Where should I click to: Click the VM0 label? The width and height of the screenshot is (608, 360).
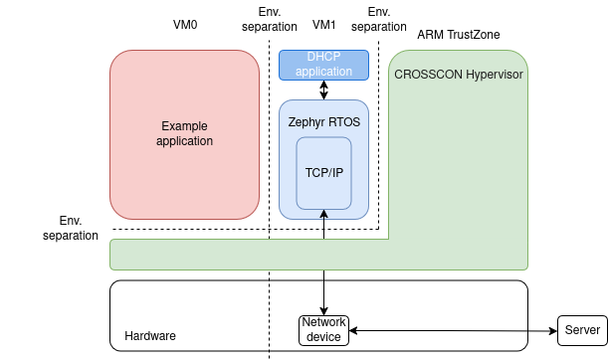(185, 24)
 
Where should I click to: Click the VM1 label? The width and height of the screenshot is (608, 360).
(324, 24)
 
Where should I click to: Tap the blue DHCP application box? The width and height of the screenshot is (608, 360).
(323, 65)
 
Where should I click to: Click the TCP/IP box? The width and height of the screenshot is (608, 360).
(323, 173)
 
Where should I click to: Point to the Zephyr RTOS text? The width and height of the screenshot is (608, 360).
(323, 121)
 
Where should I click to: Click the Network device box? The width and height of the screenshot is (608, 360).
(323, 330)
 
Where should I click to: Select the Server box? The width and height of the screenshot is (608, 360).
(582, 330)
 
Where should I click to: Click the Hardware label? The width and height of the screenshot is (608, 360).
(150, 336)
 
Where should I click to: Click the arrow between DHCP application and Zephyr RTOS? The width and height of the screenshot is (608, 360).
(324, 90)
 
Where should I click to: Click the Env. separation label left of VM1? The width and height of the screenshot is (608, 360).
(270, 19)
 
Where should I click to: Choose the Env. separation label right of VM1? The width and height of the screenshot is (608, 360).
(379, 19)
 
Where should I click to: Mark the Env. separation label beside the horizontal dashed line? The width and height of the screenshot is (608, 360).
(71, 228)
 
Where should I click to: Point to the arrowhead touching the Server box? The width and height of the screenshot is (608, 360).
(552, 330)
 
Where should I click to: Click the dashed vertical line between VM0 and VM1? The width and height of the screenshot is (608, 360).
(270, 149)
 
